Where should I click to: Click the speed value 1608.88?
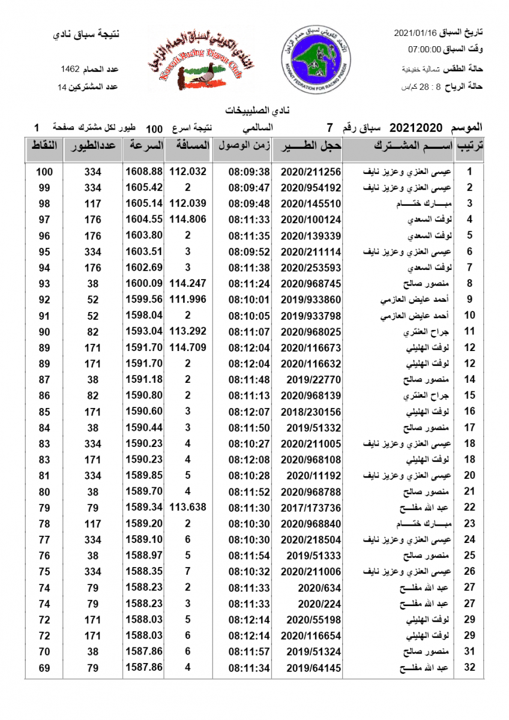coord(144,172)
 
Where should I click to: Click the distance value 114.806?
coord(188,220)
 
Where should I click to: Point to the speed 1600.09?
coord(144,283)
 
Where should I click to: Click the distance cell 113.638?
coord(188,508)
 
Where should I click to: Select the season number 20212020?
coord(415,128)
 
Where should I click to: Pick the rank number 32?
coord(470,667)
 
